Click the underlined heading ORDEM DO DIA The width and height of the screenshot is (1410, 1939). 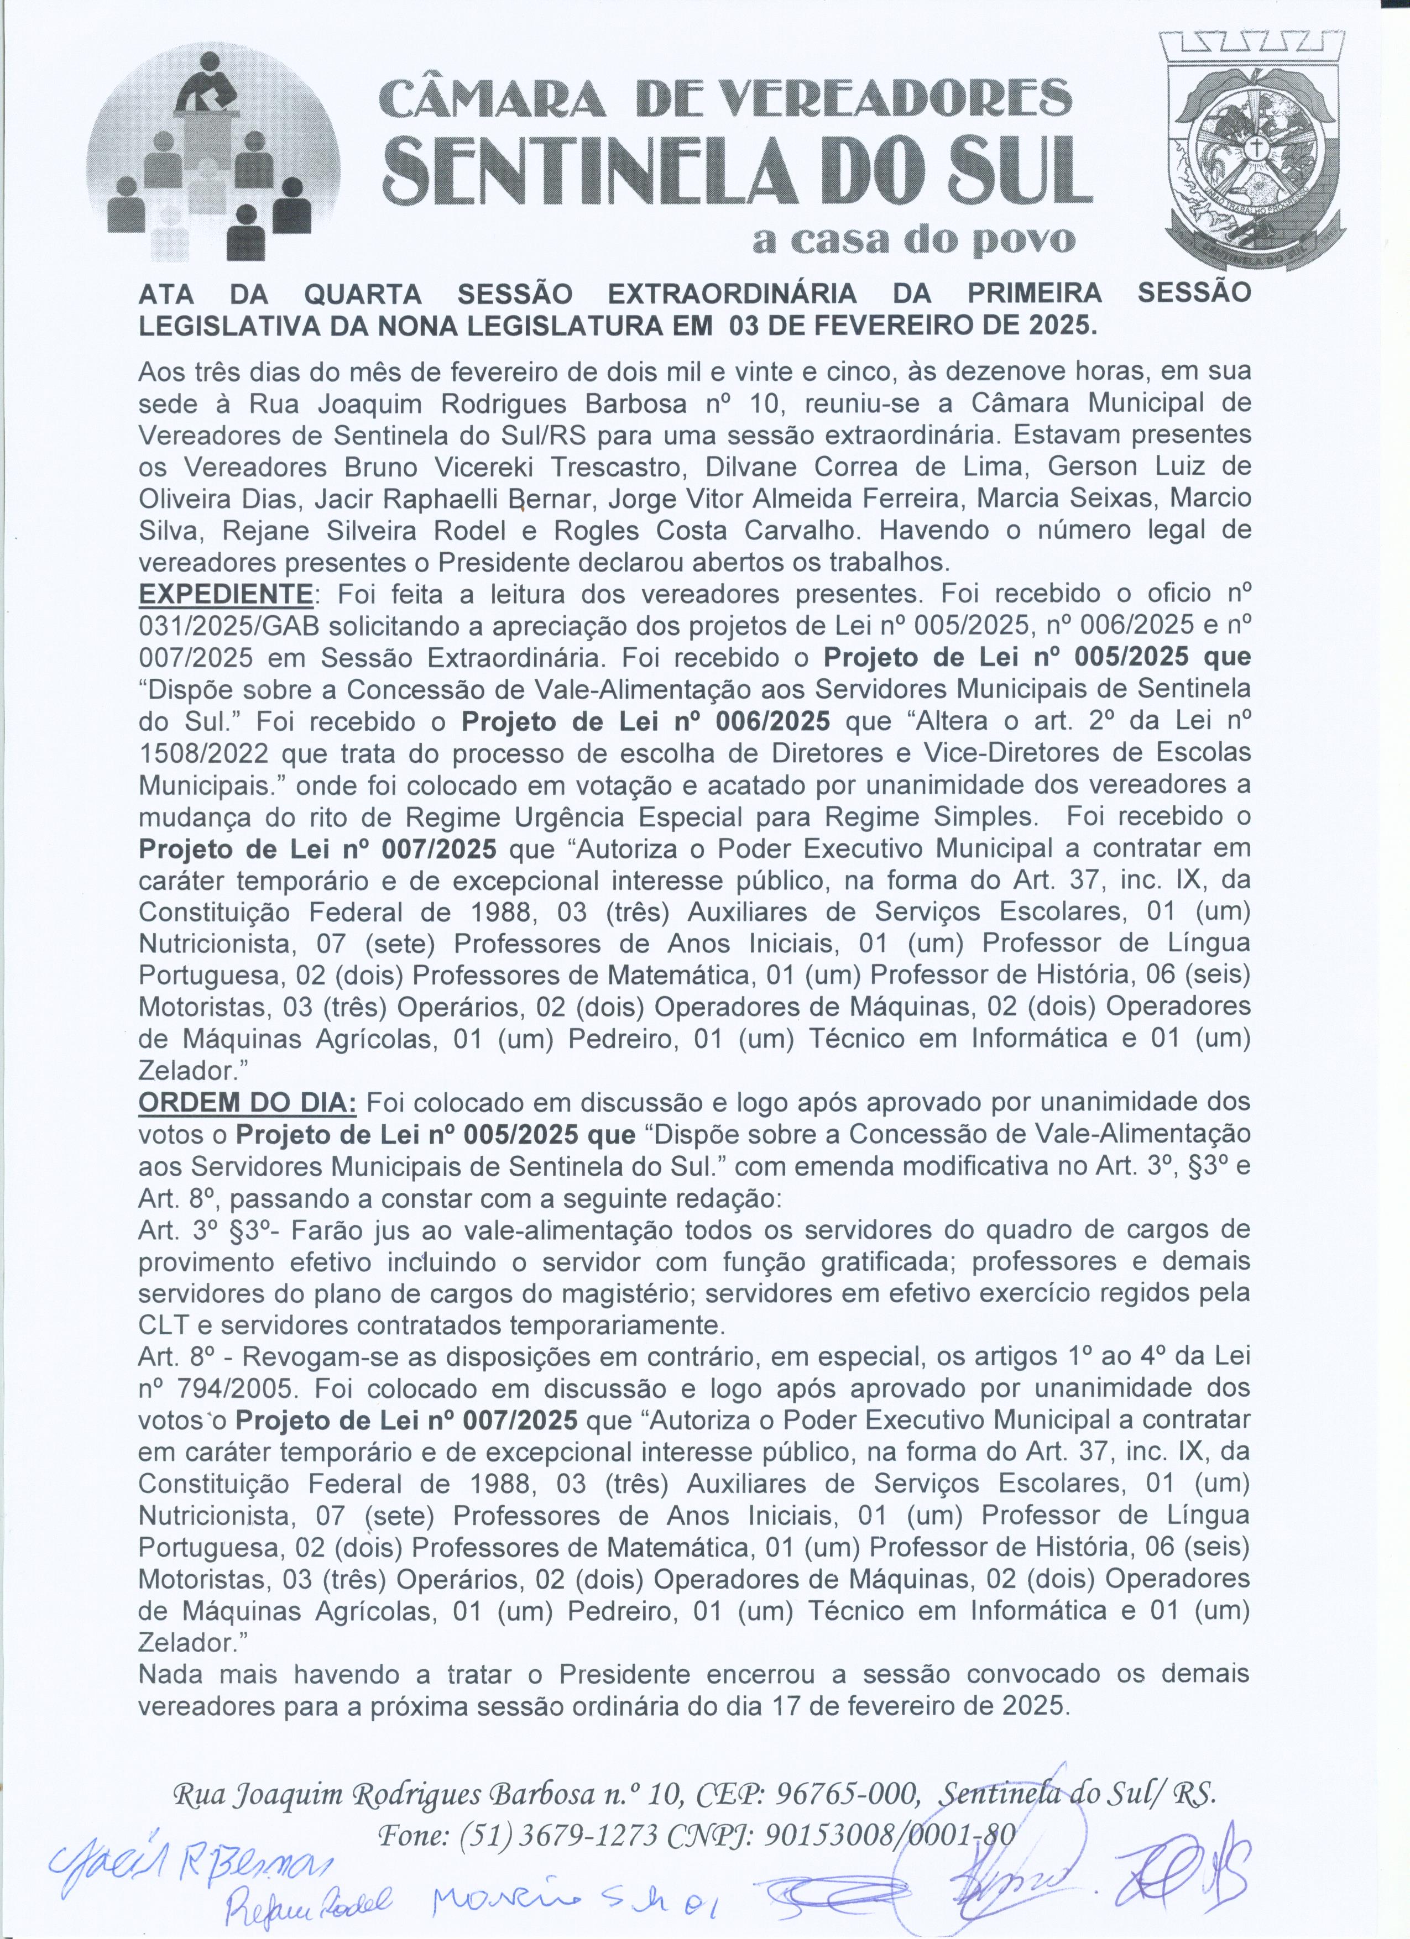click(x=247, y=1102)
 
